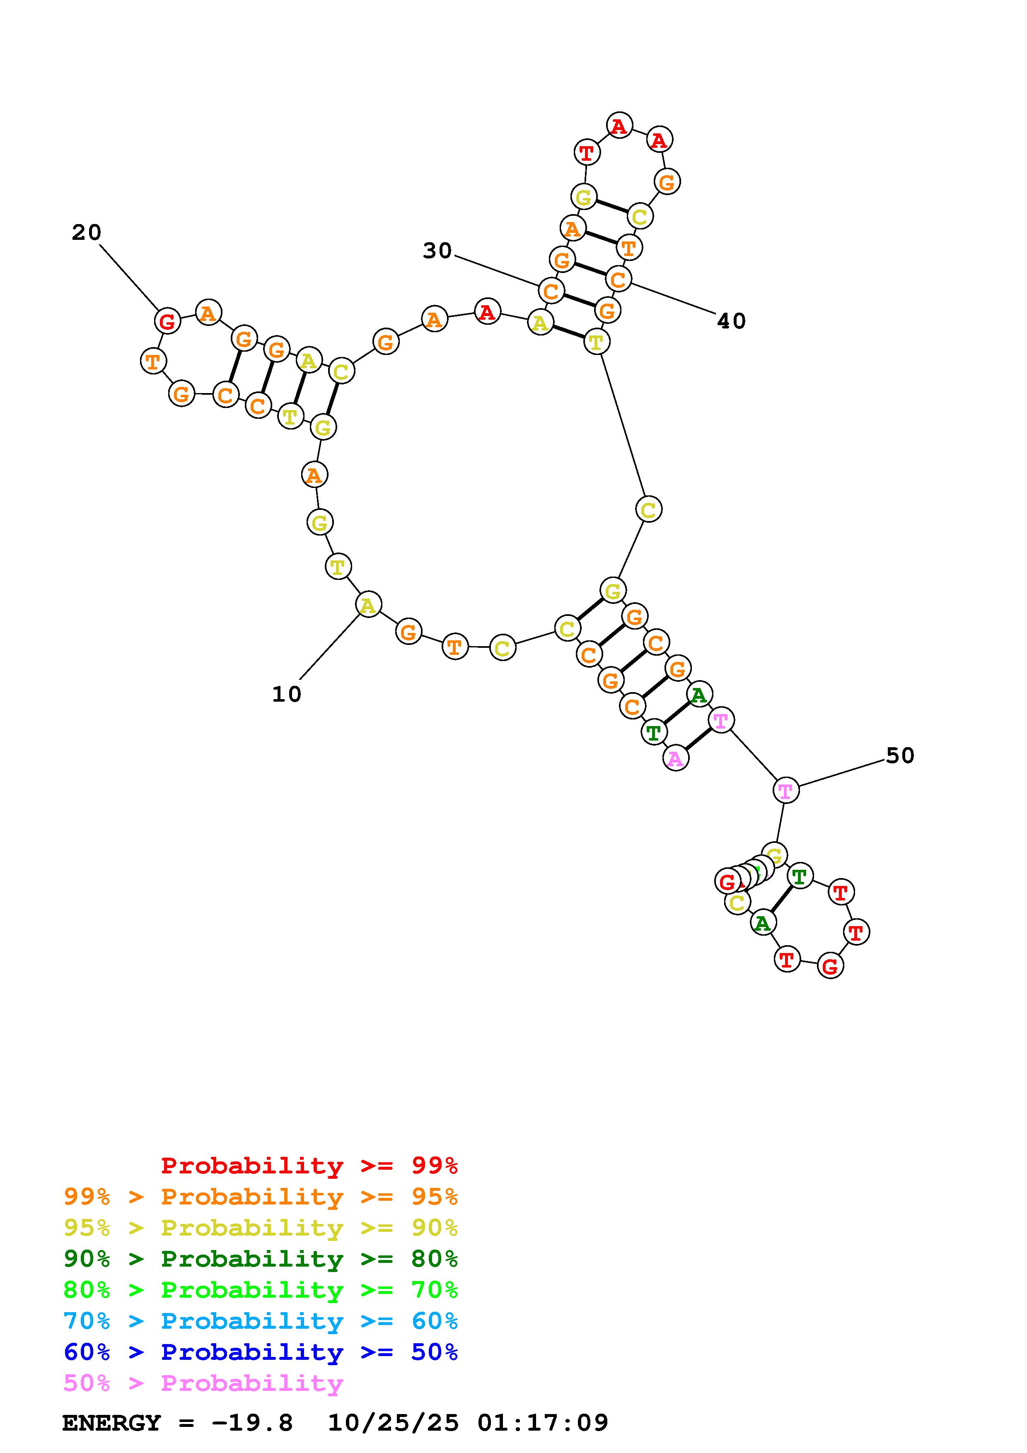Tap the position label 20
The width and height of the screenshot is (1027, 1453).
coord(86,232)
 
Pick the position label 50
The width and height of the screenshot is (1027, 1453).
coord(900,755)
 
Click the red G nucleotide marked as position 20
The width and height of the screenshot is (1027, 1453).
coord(167,321)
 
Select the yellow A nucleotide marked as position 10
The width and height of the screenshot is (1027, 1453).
coord(368,605)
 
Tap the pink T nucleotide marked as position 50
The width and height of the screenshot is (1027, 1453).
coord(785,790)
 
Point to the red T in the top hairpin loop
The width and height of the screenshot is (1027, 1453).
coord(587,152)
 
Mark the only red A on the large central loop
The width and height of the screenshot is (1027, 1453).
coord(487,311)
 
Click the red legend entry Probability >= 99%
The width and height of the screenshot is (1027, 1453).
coord(309,1165)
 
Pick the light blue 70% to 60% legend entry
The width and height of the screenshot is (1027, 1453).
coord(261,1321)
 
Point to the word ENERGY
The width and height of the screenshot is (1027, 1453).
coord(111,1423)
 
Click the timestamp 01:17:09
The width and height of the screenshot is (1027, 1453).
coord(543,1423)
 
